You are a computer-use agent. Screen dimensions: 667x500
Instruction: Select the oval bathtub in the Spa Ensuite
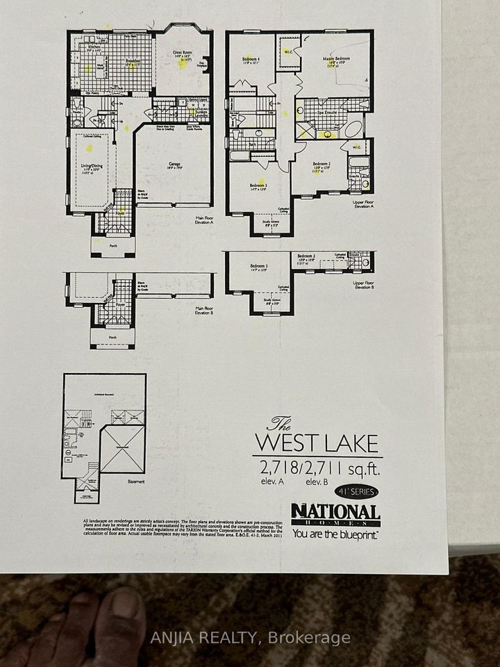click(x=353, y=130)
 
